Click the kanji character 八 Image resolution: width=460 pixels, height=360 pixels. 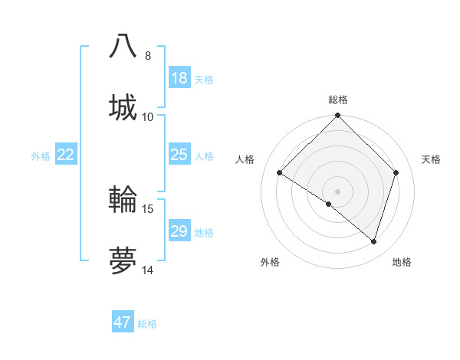click(x=123, y=46)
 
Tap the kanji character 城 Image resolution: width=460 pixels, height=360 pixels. click(x=123, y=106)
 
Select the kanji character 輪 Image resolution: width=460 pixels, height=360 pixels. click(x=123, y=199)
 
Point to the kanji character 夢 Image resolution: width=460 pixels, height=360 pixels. click(x=123, y=260)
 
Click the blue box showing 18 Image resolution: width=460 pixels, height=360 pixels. click(x=179, y=78)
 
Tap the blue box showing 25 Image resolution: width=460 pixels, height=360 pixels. click(x=179, y=155)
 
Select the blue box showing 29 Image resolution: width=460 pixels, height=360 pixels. click(x=179, y=231)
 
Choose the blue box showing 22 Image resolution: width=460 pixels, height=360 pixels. click(x=66, y=155)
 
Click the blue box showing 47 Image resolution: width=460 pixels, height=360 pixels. click(x=123, y=322)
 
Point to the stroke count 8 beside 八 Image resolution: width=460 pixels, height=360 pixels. click(x=148, y=56)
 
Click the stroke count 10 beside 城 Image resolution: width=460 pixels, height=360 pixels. click(x=148, y=117)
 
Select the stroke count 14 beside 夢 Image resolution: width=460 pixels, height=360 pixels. click(x=148, y=270)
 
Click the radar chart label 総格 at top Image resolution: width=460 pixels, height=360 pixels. click(x=338, y=100)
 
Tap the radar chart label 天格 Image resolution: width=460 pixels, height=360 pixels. click(x=432, y=159)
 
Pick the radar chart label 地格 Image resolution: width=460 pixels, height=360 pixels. click(x=402, y=262)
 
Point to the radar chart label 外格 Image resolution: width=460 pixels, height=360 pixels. click(x=270, y=262)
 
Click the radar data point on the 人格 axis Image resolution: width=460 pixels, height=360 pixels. click(x=280, y=173)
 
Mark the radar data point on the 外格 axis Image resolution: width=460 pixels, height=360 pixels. click(x=328, y=204)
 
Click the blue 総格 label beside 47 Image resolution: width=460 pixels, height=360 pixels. click(x=147, y=323)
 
